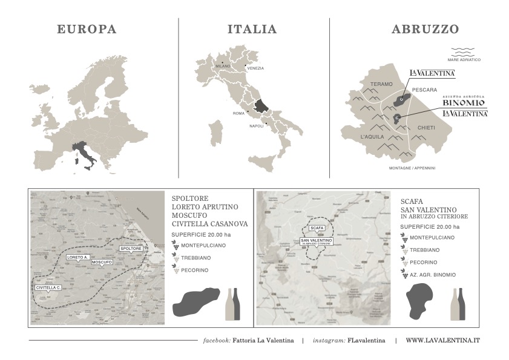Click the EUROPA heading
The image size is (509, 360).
[x=87, y=29]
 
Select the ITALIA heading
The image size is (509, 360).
[x=252, y=29]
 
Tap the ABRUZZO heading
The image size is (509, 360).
[x=425, y=29]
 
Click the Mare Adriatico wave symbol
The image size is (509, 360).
[x=464, y=51]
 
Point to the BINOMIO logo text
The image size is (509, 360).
[x=464, y=103]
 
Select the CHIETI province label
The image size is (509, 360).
[x=426, y=128]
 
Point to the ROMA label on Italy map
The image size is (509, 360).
[x=238, y=114]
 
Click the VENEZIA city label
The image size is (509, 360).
[x=255, y=68]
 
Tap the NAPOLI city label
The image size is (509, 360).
[x=257, y=126]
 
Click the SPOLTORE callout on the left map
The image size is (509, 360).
[x=131, y=248]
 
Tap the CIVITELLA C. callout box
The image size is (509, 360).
[x=48, y=287]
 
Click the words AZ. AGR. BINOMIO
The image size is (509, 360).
[x=432, y=275]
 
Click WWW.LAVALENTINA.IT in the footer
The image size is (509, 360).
[x=442, y=341]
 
